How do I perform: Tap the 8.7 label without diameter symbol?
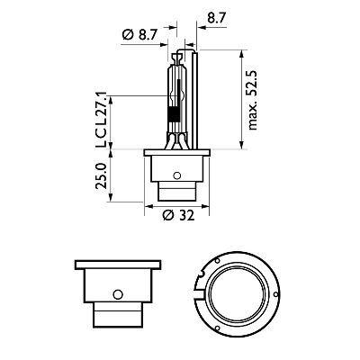[216, 17]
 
